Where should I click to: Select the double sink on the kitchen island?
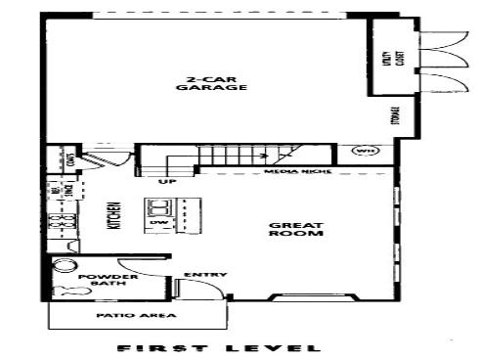(158, 206)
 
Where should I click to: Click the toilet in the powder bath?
(67, 289)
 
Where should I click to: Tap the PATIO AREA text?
(122, 316)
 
